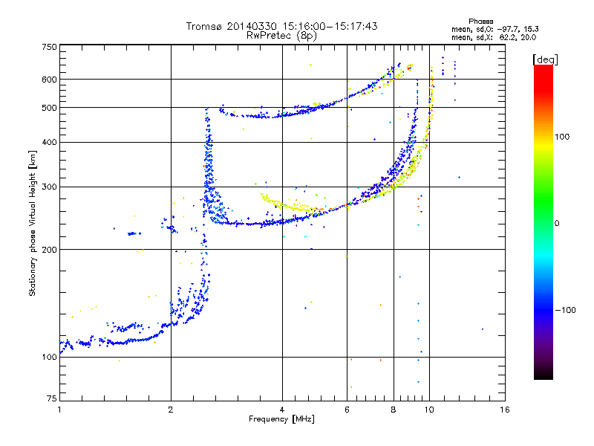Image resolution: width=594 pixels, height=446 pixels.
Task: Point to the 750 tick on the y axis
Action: point(49,47)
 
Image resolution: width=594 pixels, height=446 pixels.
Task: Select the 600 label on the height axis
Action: point(49,79)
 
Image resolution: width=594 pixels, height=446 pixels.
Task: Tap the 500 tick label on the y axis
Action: point(49,108)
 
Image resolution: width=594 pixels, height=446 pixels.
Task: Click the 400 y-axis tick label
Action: point(49,142)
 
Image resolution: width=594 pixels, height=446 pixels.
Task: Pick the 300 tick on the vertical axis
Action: point(49,187)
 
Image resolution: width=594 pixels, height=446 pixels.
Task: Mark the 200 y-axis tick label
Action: point(49,249)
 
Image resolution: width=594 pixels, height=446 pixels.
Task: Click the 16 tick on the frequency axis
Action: point(504,410)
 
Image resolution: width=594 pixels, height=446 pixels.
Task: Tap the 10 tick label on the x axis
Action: point(429,410)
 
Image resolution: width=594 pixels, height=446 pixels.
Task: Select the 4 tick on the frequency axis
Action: point(282,410)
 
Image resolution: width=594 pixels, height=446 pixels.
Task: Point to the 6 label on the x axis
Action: point(347,410)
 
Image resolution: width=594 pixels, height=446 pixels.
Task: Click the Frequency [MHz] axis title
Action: point(281,419)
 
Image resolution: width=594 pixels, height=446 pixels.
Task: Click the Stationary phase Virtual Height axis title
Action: point(33,223)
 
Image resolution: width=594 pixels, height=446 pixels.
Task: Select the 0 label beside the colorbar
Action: point(557,223)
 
